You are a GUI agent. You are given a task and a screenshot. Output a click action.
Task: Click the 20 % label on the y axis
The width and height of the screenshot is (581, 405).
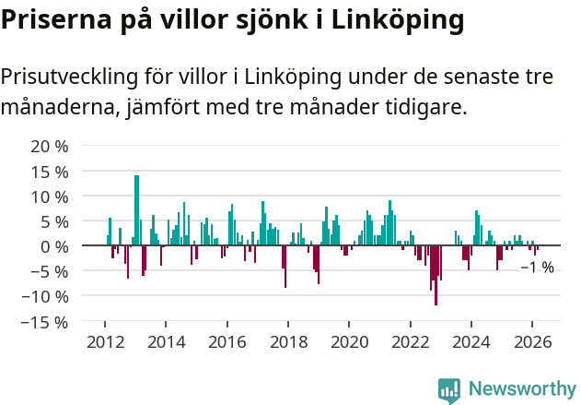pos(50,147)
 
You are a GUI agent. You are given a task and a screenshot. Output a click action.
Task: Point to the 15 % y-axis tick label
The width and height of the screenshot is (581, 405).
pos(50,172)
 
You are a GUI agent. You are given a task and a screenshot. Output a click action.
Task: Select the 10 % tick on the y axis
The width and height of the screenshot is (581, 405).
pos(50,197)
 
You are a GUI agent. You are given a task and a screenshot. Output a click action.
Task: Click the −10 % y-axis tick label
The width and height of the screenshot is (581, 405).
pos(46,297)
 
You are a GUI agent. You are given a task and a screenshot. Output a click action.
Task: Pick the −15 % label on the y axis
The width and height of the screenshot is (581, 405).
pos(46,322)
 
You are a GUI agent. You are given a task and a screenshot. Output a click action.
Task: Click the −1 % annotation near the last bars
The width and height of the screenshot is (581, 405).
pos(537,268)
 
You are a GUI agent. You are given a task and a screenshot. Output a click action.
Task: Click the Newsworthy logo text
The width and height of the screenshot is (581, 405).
pos(521,390)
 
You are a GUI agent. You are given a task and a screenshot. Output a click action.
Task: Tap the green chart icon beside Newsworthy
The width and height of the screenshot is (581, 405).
pos(449,390)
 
